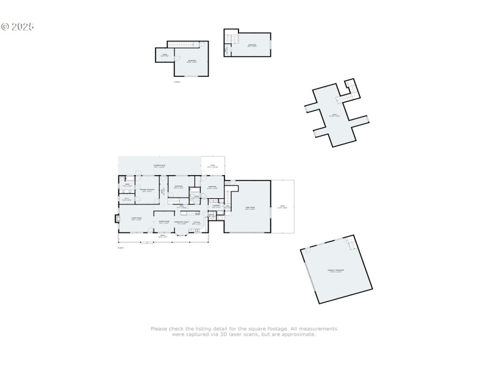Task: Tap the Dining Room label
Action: (x=164, y=222)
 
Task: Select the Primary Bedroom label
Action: (x=147, y=190)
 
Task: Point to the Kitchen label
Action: (x=196, y=223)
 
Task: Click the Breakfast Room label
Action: (x=182, y=222)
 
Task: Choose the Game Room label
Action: (x=250, y=208)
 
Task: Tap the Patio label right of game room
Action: (x=282, y=206)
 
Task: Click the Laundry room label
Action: (x=216, y=206)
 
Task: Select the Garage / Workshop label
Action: (x=335, y=270)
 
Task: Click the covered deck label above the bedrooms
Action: (x=159, y=166)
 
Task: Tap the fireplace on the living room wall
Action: (x=117, y=220)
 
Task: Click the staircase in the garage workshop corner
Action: (x=351, y=244)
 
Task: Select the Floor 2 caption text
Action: (x=177, y=81)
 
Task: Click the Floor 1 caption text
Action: (x=120, y=248)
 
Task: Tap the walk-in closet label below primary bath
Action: (x=127, y=199)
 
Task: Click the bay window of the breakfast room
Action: (x=182, y=233)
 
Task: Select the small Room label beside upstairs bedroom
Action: (x=164, y=56)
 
